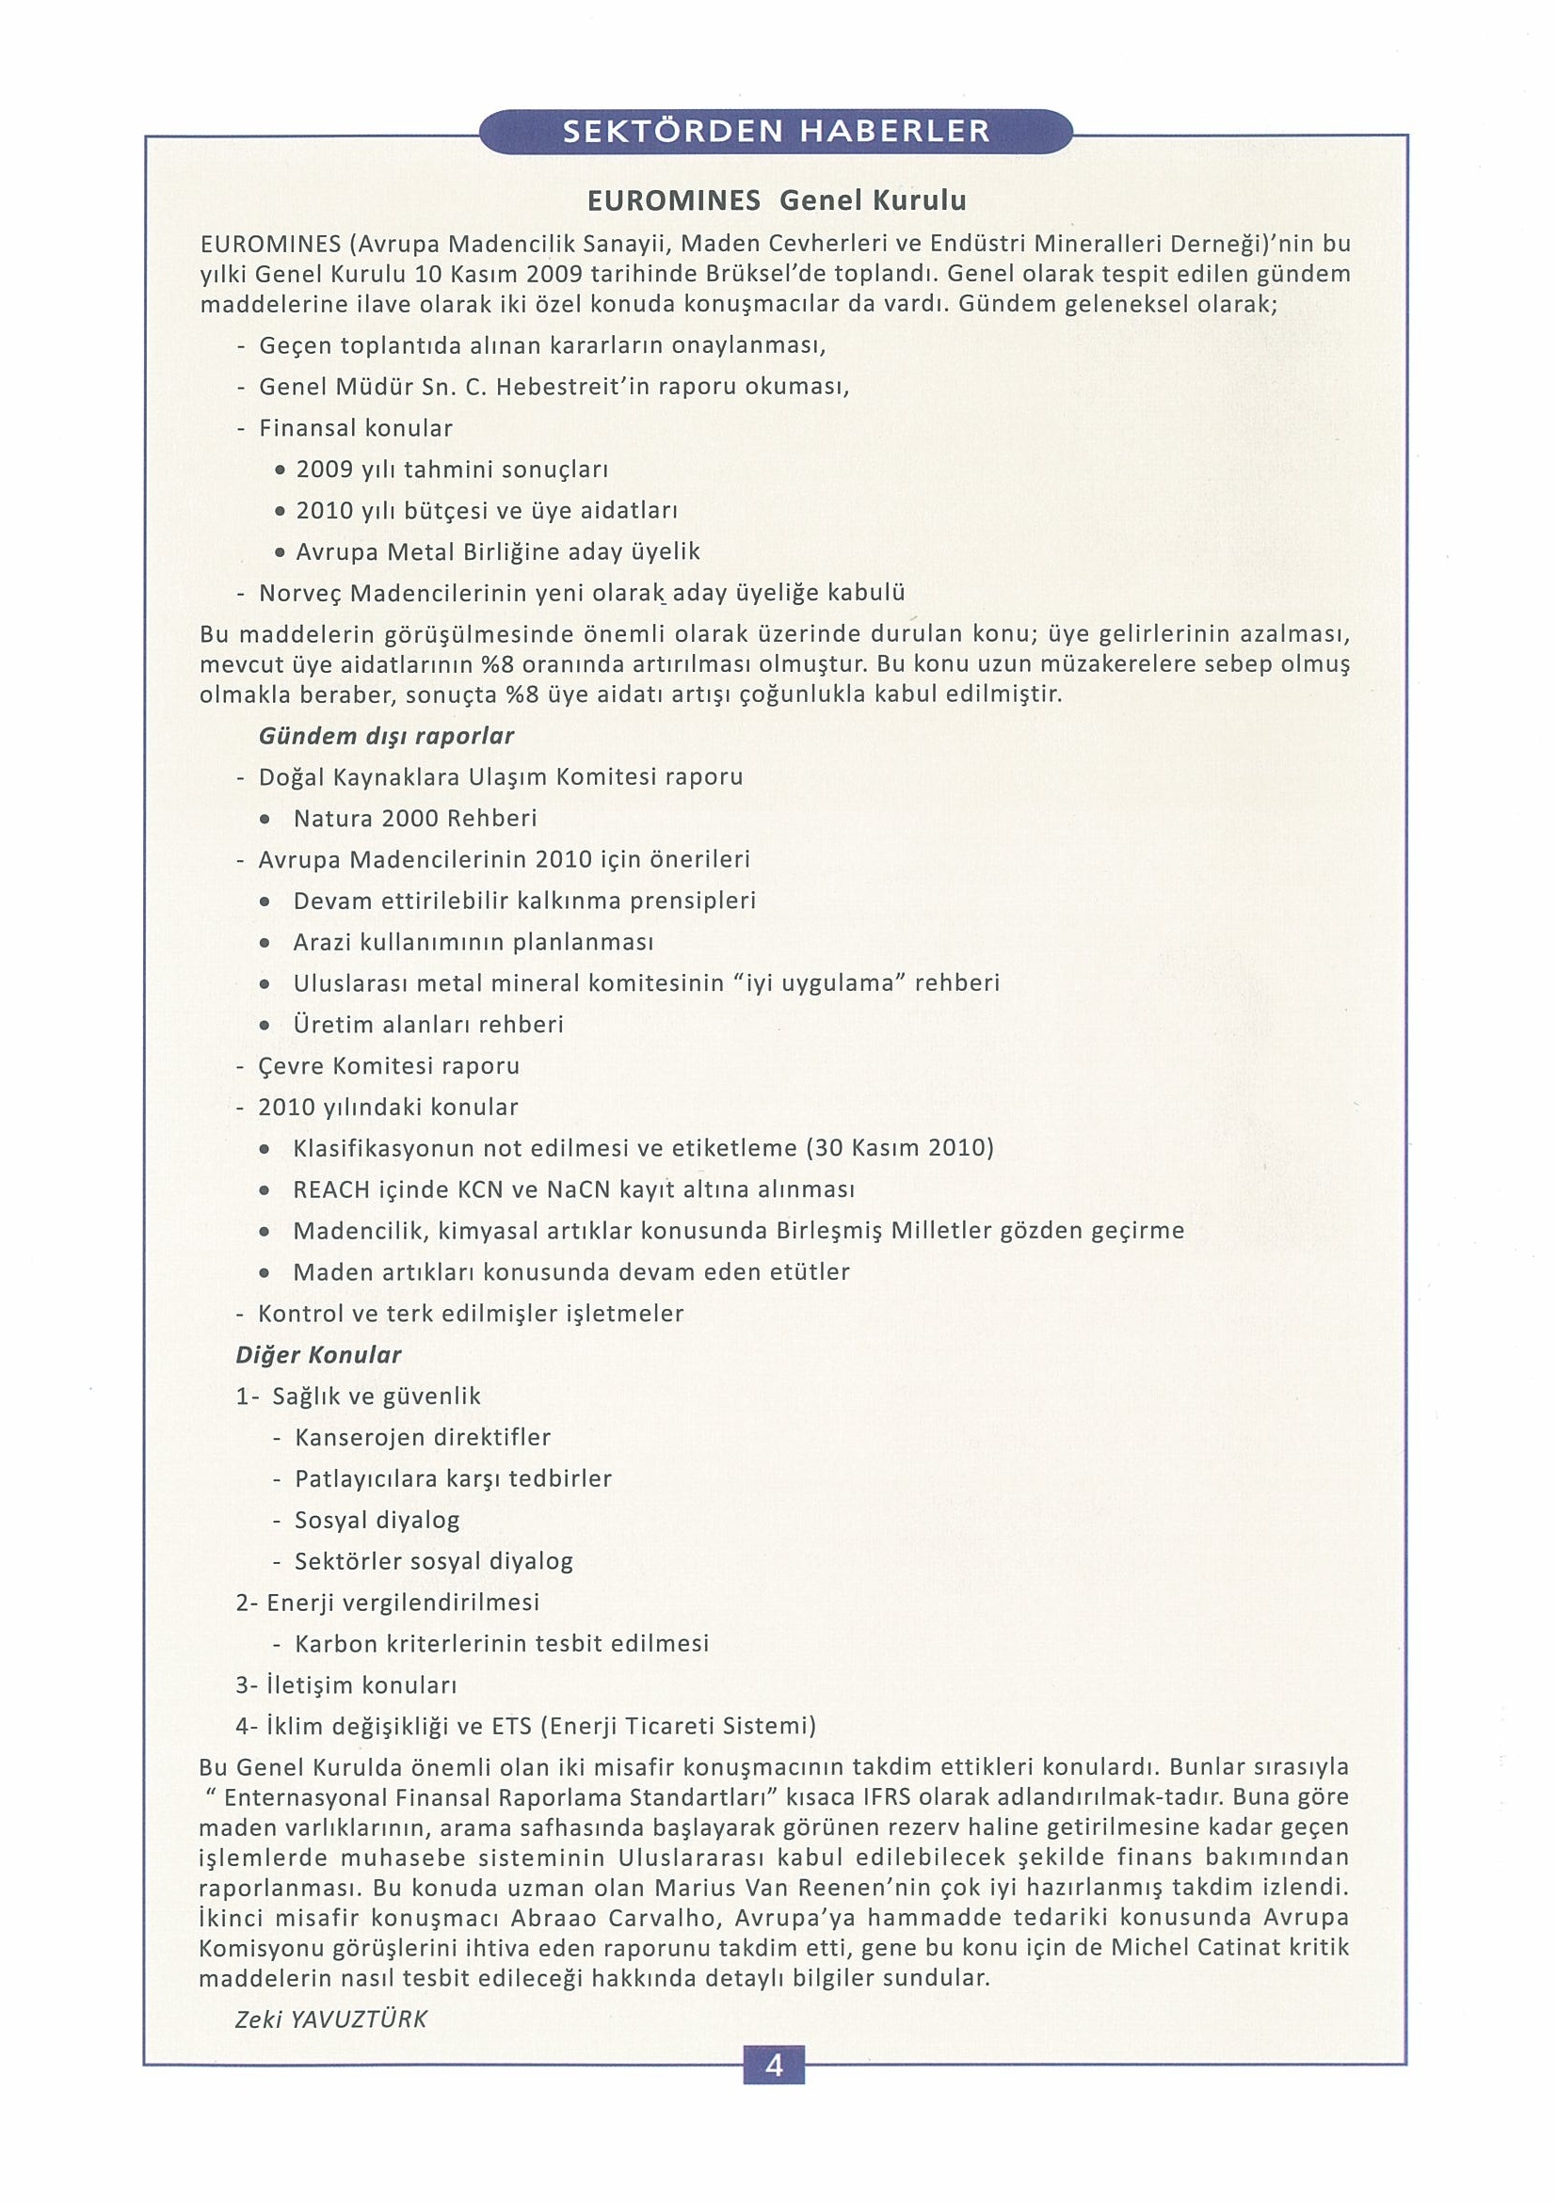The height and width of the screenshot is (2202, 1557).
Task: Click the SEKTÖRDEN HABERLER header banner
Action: (x=775, y=132)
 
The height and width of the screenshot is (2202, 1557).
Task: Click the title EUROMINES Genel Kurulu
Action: (x=776, y=201)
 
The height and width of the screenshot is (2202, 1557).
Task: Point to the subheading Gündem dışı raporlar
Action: (x=387, y=737)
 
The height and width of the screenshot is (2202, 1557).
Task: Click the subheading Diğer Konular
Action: (x=318, y=1355)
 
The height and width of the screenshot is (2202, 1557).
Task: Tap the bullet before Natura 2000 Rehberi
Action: (x=265, y=820)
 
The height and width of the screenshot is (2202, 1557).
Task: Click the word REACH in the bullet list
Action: (x=332, y=1190)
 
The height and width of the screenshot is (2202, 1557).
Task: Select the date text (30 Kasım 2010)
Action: (x=900, y=1149)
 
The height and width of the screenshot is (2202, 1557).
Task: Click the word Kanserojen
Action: (x=361, y=1438)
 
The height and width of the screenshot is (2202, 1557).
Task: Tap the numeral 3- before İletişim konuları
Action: (x=246, y=1686)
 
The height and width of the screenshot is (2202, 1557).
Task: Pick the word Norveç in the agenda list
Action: (x=300, y=594)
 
